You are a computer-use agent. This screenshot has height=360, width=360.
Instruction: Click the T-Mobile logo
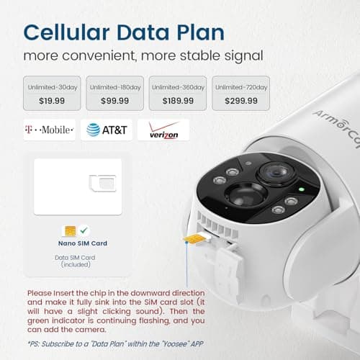coord(49,130)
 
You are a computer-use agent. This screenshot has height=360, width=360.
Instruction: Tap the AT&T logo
coord(107,130)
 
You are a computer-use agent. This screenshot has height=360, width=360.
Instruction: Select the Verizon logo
coord(163,130)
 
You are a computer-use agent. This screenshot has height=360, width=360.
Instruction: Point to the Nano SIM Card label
coord(83,243)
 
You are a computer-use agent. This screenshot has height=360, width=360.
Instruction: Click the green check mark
coord(85,230)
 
